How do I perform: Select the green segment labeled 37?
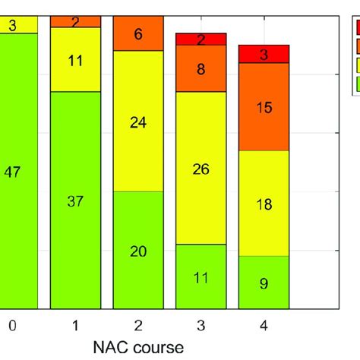(75, 201)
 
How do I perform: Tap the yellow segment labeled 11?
(75, 59)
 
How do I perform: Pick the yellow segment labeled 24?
(137, 121)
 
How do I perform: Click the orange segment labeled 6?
(137, 33)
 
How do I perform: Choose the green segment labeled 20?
(137, 251)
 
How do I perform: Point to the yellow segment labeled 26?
(201, 169)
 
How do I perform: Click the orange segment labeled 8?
(201, 69)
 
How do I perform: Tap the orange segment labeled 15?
(264, 107)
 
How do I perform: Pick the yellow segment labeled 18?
(264, 203)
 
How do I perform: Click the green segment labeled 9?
(264, 283)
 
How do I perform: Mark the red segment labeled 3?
(264, 54)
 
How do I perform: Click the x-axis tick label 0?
(12, 326)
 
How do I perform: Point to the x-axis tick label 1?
(75, 326)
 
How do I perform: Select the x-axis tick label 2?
(137, 326)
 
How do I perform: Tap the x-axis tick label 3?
(201, 326)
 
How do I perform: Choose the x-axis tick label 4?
(264, 326)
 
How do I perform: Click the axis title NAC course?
(137, 348)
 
